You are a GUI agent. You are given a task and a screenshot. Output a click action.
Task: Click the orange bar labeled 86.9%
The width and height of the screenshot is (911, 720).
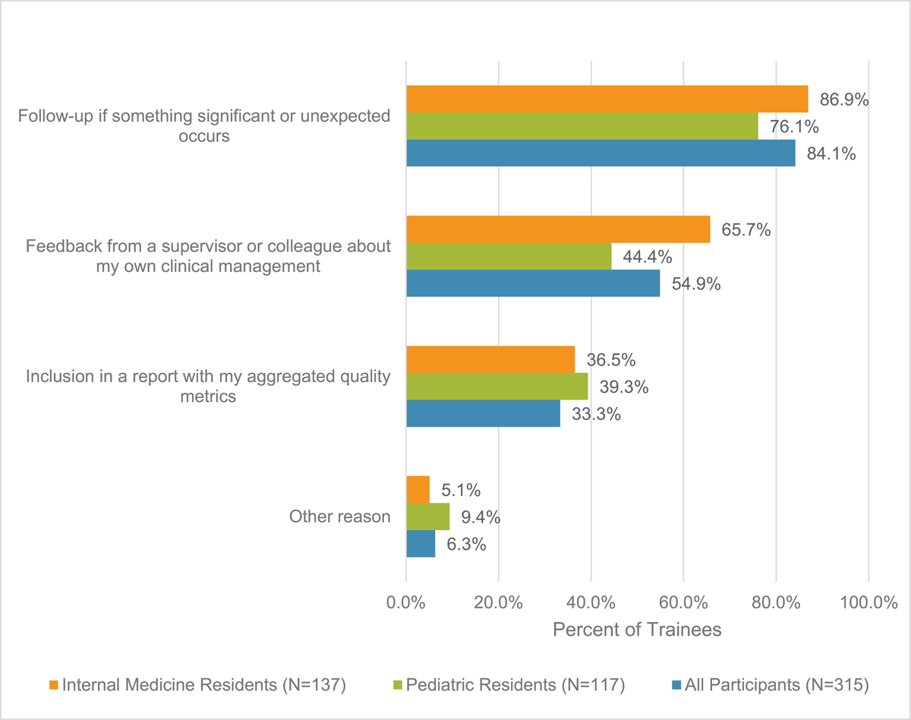click(x=607, y=99)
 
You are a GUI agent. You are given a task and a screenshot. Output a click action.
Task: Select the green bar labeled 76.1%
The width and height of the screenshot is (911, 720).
click(x=582, y=126)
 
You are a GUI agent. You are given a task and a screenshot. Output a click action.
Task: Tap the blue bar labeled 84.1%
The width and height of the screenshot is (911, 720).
click(x=601, y=153)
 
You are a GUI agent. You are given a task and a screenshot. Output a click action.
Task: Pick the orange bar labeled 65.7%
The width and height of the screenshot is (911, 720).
click(x=558, y=229)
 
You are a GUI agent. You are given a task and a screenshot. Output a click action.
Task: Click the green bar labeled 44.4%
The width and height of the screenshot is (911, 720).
click(x=509, y=256)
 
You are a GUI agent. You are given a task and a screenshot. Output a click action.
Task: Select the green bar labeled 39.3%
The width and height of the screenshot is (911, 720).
click(x=497, y=387)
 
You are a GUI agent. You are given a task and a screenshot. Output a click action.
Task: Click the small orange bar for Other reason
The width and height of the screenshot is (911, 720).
click(x=418, y=490)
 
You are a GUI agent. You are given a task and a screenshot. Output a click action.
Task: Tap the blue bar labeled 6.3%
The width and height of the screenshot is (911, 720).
click(x=421, y=544)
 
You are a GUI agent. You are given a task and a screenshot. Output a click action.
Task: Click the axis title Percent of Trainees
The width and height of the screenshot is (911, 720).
click(x=636, y=630)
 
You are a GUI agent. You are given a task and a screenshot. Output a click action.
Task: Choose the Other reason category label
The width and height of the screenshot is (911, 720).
click(x=339, y=517)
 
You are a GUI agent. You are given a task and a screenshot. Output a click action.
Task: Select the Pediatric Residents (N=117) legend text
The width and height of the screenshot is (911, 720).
click(x=515, y=685)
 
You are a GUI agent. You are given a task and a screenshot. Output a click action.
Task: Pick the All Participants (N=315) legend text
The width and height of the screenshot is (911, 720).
click(x=777, y=685)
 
